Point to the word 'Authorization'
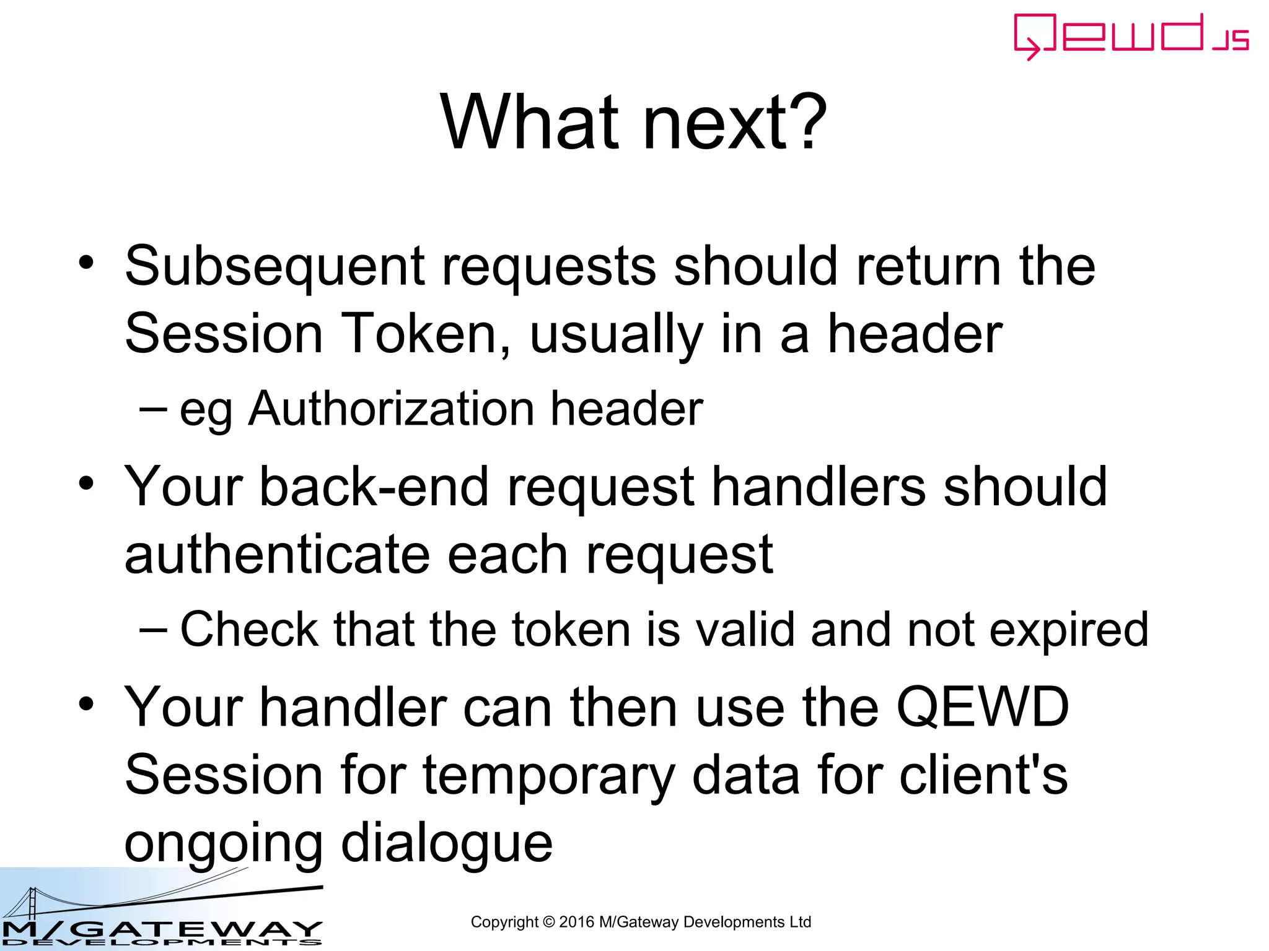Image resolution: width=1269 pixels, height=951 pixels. [390, 409]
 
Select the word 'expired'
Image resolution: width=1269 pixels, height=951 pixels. [1069, 630]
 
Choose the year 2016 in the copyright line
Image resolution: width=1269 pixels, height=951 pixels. [576, 922]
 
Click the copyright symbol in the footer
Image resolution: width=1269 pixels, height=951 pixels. [548, 922]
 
